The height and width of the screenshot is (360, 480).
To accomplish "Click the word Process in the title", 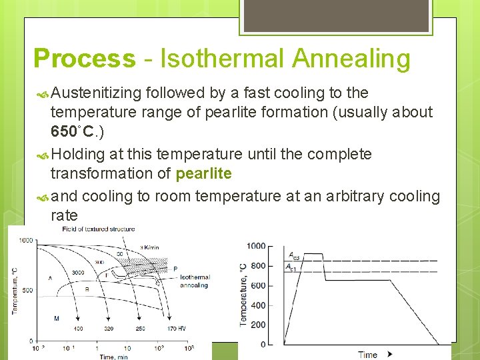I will pos(84,59).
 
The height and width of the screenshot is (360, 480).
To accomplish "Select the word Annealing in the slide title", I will pos(351,59).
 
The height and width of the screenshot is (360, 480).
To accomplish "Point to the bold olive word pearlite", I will pos(203,174).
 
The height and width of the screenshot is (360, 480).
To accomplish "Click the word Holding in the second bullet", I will pos(77,155).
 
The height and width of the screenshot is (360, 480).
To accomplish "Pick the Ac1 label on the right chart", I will pos(292,267).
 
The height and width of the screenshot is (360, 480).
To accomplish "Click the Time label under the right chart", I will pos(367,355).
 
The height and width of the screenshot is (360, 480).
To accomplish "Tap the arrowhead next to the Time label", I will pos(389,354).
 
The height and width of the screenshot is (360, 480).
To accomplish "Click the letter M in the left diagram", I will pos(57,319).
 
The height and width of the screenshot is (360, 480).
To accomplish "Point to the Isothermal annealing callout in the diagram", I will pos(194,281).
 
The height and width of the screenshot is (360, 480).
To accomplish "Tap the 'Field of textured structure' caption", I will pos(98,229).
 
